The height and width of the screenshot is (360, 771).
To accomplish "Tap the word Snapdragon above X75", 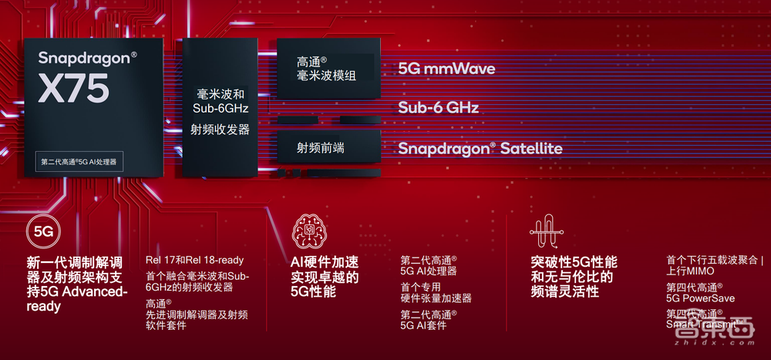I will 87,57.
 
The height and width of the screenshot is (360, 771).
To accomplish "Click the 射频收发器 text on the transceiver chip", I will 221,130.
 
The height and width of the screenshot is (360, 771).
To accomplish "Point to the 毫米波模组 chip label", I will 323,76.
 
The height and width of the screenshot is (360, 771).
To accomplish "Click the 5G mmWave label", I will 446,69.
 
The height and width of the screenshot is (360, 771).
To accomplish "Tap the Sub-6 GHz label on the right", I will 438,108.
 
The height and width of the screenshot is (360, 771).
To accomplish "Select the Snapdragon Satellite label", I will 480,149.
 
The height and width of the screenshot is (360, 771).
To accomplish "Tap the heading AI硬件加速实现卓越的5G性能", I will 324,277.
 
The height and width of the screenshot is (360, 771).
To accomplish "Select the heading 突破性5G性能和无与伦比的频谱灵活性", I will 574,277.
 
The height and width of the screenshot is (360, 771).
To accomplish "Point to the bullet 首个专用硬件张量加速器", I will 436,292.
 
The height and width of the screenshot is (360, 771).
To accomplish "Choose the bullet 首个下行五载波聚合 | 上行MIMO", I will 714,265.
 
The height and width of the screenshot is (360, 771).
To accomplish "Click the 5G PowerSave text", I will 701,298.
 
